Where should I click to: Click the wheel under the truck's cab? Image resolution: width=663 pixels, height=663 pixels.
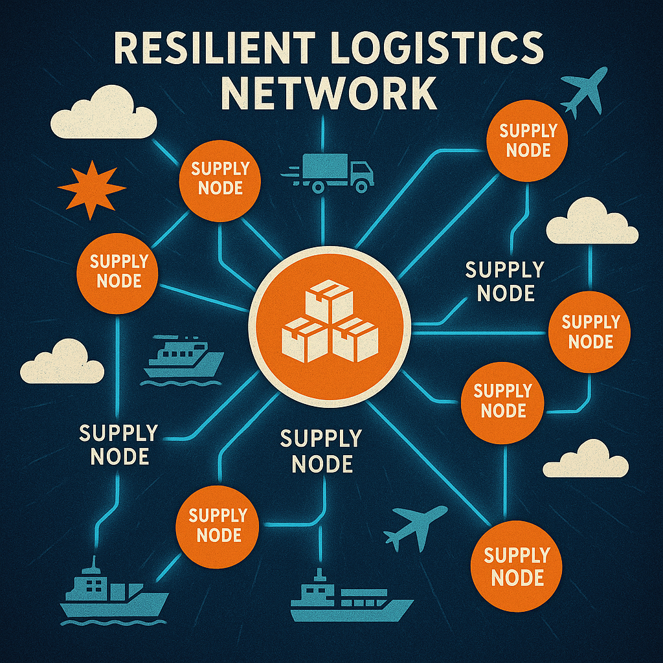point(361,186)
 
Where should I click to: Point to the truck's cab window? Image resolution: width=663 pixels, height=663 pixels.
point(363,170)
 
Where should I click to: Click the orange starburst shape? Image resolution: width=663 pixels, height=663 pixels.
point(91,189)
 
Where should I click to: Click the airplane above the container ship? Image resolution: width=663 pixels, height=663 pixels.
point(414,526)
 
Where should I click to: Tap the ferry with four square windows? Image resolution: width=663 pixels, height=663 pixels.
point(183,357)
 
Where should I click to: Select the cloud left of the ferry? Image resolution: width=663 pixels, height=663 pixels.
point(62,363)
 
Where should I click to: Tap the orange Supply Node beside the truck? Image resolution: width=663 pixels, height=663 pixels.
point(221,179)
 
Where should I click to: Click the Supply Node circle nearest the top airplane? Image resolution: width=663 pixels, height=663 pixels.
point(528,141)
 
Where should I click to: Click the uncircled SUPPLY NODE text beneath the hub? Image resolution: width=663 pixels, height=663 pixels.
point(321,451)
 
